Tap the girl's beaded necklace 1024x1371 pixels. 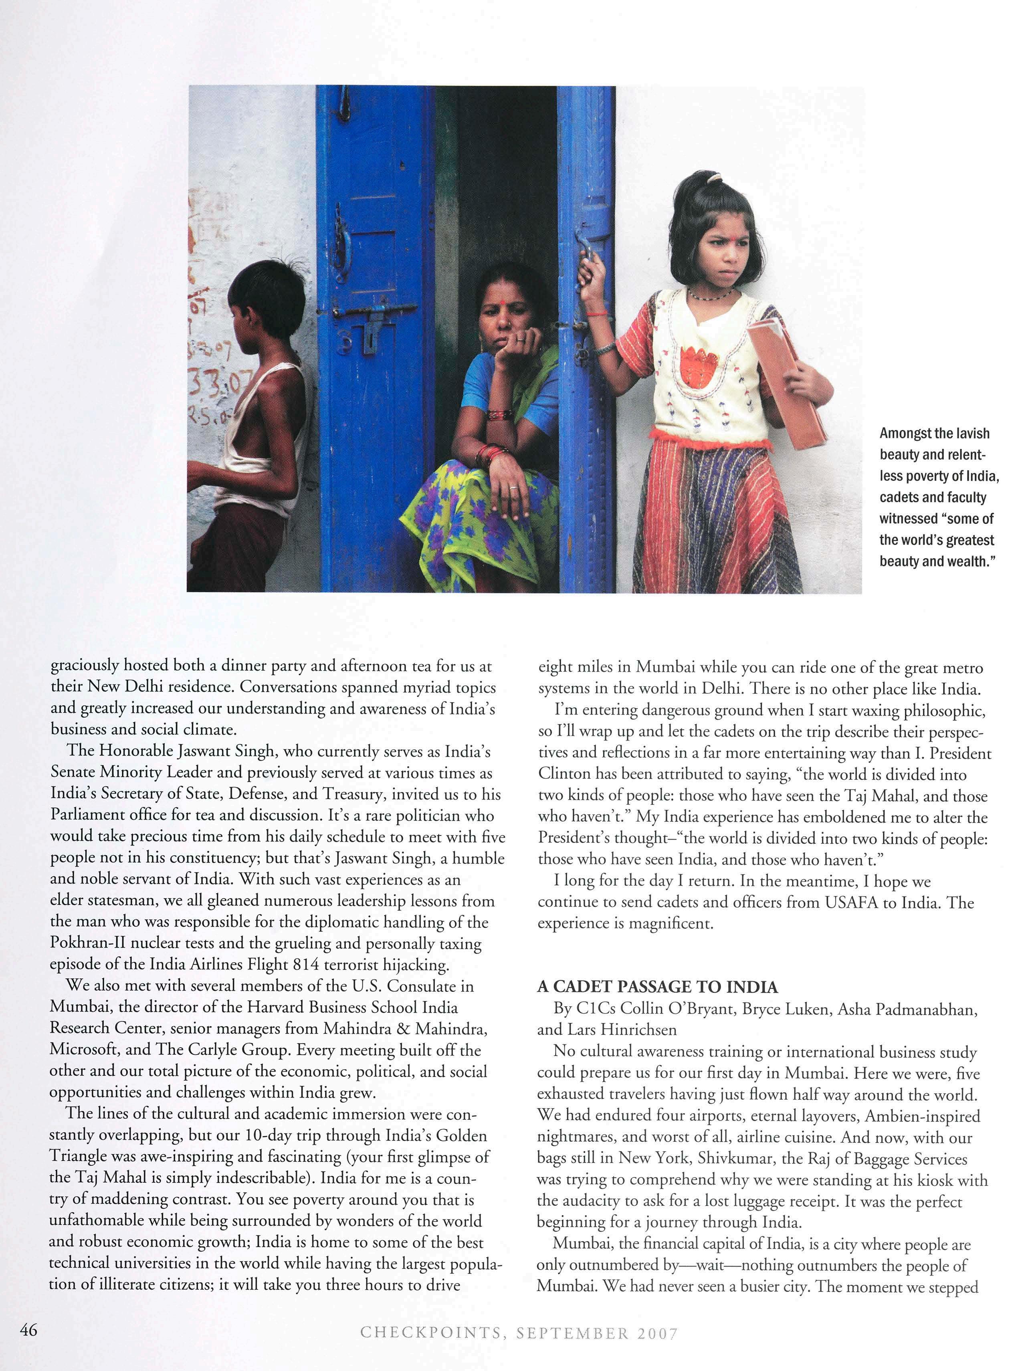click(x=713, y=296)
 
